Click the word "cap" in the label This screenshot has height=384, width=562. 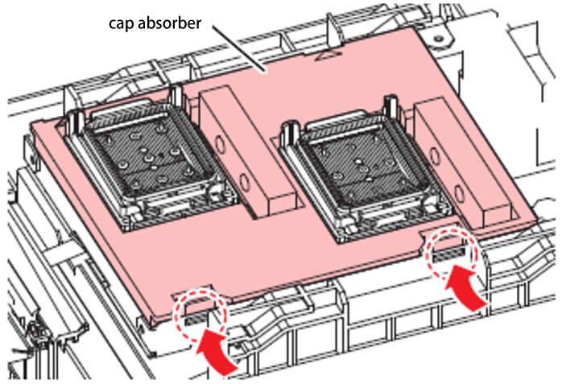click(x=122, y=24)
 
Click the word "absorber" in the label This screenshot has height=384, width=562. click(x=169, y=23)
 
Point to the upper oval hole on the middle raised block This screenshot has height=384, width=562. click(x=220, y=144)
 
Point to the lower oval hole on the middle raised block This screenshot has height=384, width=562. click(x=245, y=182)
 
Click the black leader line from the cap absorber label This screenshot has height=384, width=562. click(x=238, y=47)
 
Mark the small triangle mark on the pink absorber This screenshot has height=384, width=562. click(x=327, y=55)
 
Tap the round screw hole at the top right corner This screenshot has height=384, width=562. click(x=438, y=38)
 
